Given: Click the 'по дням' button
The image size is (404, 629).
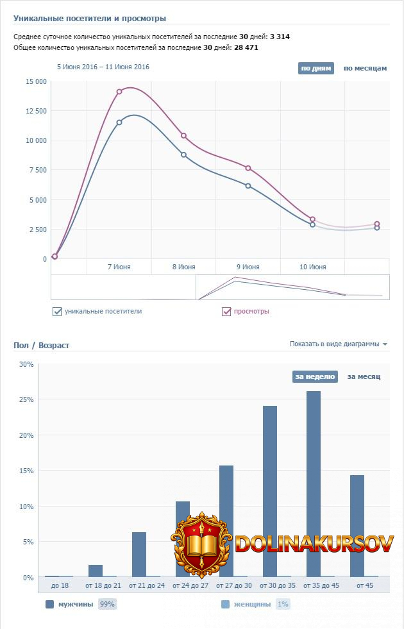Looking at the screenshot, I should click(316, 68).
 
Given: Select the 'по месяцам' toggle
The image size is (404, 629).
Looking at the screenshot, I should click(365, 68).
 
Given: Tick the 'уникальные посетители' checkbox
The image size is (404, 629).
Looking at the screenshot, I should click(58, 312).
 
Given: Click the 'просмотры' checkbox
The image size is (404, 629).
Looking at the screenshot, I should click(226, 312).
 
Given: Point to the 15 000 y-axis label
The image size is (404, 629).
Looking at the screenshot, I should click(36, 81).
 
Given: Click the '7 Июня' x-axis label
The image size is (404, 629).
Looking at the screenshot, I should click(119, 267).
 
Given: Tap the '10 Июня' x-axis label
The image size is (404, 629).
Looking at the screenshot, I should click(312, 267).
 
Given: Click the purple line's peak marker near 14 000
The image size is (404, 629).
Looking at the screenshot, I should click(119, 92).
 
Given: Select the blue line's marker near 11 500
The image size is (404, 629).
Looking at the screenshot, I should click(119, 122).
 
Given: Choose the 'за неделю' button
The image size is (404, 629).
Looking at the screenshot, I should click(315, 377).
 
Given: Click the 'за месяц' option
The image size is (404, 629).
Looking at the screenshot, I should click(364, 377).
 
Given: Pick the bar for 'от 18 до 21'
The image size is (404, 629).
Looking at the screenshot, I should click(96, 571).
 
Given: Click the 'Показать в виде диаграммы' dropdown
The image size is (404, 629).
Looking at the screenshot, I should click(338, 344).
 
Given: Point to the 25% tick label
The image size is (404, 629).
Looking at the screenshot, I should click(27, 399).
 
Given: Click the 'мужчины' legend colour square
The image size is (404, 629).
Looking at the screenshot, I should click(50, 604).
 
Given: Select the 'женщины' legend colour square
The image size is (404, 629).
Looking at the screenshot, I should click(225, 604).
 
